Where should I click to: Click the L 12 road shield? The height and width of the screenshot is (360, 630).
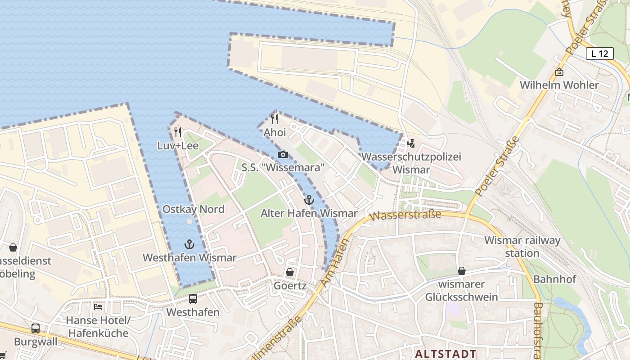(600, 54)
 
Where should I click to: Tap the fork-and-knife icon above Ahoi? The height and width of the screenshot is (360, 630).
(274, 119)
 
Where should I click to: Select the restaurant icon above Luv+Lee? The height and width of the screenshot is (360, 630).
(178, 132)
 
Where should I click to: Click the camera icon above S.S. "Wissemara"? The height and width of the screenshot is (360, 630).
(283, 155)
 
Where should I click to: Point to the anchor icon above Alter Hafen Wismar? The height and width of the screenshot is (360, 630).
(309, 200)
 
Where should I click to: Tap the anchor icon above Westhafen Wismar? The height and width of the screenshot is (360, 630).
(189, 244)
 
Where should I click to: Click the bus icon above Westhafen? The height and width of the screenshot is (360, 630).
(193, 299)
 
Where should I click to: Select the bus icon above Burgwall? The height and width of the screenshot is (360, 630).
(36, 328)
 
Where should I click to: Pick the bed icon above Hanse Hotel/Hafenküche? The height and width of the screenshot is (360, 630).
(98, 307)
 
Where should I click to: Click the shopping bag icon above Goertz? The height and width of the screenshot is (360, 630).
(290, 272)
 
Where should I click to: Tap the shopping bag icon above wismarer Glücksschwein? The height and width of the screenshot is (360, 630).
(461, 271)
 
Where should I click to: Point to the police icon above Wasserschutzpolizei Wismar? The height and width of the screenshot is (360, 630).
(410, 144)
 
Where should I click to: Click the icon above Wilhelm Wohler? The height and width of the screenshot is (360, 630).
(559, 72)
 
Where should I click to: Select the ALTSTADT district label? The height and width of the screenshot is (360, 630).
(445, 354)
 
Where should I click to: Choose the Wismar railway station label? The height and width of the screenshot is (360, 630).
(522, 247)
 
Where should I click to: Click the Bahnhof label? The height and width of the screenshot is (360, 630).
(554, 279)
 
